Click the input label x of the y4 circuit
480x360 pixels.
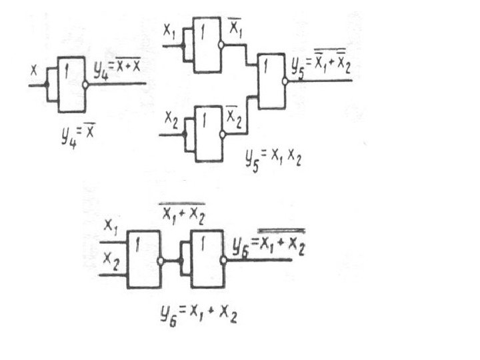(34, 68)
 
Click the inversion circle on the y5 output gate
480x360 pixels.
(286, 82)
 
